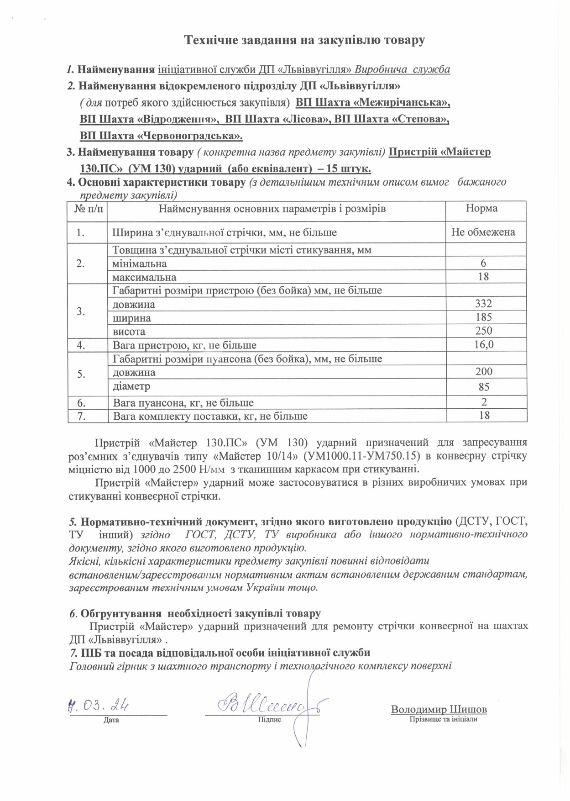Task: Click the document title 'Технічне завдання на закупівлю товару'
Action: (x=304, y=40)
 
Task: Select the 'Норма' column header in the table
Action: (x=481, y=209)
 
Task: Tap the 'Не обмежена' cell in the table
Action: (x=483, y=232)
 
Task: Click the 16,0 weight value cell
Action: (x=484, y=344)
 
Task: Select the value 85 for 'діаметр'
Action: (x=484, y=387)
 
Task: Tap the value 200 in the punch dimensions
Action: (x=484, y=372)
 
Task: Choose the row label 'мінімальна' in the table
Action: (x=140, y=263)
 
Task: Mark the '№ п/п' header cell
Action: (x=88, y=209)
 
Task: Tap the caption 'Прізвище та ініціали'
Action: (x=443, y=719)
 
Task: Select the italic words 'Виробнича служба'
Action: (x=403, y=70)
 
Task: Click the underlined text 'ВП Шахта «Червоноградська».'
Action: (x=161, y=136)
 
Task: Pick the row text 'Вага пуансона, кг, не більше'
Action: (x=183, y=403)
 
